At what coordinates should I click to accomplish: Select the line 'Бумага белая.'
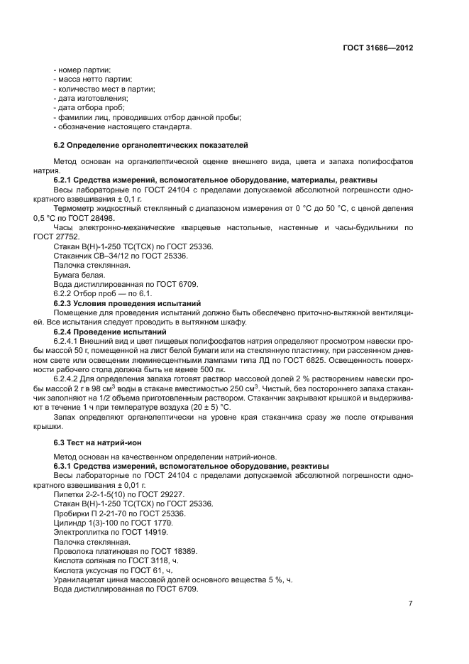point(79,274)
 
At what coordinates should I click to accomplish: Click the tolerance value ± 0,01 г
point(118,484)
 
